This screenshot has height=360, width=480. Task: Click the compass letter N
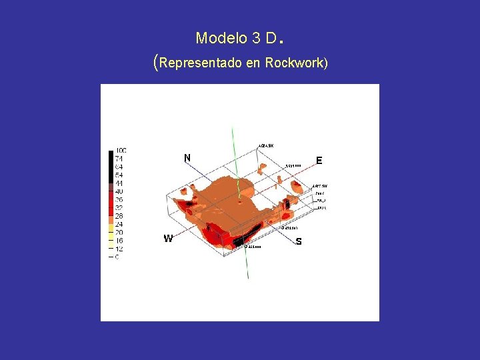pyautogui.click(x=187, y=158)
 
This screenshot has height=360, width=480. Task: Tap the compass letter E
pyautogui.click(x=319, y=161)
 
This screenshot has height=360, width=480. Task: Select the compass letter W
pyautogui.click(x=169, y=239)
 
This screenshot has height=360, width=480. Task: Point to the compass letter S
pyautogui.click(x=299, y=241)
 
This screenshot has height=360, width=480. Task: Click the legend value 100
pyautogui.click(x=121, y=151)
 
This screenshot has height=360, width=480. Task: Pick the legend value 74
pyautogui.click(x=119, y=159)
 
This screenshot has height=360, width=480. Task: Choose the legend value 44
pyautogui.click(x=119, y=183)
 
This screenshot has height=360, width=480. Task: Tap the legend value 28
pyautogui.click(x=119, y=216)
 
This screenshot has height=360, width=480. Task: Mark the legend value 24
pyautogui.click(x=119, y=224)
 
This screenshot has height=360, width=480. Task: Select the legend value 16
pyautogui.click(x=119, y=241)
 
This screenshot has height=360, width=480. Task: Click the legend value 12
pyautogui.click(x=119, y=249)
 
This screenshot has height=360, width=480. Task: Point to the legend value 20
pyautogui.click(x=119, y=233)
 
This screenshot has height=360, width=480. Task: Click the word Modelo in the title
pyautogui.click(x=221, y=38)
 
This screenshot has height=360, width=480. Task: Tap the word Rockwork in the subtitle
pyautogui.click(x=294, y=63)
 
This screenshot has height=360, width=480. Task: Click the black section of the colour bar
pyautogui.click(x=111, y=167)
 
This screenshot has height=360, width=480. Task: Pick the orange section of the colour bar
pyautogui.click(x=111, y=215)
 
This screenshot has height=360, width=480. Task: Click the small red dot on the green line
pyautogui.click(x=240, y=201)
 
